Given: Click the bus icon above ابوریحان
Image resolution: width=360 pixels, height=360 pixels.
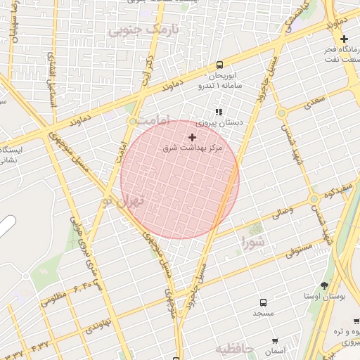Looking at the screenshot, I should point(221,63).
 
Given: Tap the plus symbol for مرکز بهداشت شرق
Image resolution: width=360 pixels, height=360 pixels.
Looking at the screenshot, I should point(192,137).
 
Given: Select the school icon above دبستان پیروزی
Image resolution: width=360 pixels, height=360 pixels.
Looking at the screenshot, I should point(219,111).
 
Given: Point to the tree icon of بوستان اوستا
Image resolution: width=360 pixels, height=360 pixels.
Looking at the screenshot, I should point(323,285).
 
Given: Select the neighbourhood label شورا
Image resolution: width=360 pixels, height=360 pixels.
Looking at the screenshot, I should point(254,243).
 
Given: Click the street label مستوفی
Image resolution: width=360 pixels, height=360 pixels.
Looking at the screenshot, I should point(300,250).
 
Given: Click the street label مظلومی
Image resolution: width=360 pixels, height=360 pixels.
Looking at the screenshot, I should point(53,298).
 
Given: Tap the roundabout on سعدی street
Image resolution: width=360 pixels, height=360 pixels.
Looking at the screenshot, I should point(281,112).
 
